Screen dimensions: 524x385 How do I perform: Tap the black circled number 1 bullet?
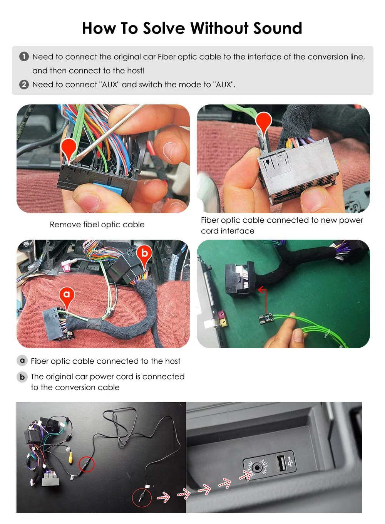click(24, 57)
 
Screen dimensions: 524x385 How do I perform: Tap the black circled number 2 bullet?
click(24, 84)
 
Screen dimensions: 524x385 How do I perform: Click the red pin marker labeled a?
click(67, 296)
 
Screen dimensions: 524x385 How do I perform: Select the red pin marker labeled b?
click(144, 254)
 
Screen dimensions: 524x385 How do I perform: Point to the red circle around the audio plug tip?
click(142, 497)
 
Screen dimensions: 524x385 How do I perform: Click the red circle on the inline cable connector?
click(87, 464)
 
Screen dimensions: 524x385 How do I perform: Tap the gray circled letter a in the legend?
click(22, 361)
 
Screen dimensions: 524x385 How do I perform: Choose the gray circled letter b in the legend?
click(22, 377)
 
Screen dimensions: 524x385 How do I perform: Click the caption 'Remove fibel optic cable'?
click(97, 225)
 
